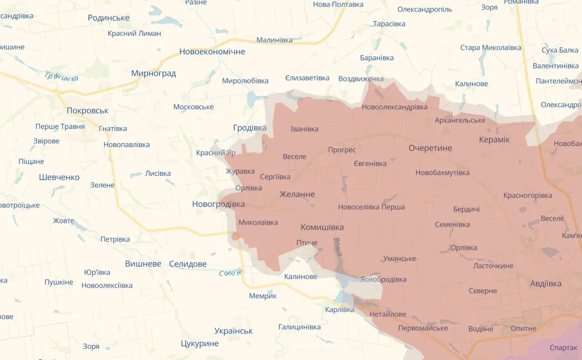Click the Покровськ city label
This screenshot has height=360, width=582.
click(87, 111)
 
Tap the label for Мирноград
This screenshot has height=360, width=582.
click(153, 73)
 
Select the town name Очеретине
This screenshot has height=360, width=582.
click(430, 148)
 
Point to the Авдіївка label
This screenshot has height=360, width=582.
click(546, 284)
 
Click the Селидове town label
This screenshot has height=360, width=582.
click(187, 264)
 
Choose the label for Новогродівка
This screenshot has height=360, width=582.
click(218, 204)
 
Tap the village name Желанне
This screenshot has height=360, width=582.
click(297, 194)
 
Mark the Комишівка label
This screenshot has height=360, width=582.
click(322, 227)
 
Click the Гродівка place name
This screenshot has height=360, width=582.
click(249, 128)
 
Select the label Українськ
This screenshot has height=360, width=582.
click(233, 331)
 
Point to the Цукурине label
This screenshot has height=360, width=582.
click(200, 343)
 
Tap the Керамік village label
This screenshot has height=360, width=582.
click(494, 139)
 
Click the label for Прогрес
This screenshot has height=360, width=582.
click(342, 150)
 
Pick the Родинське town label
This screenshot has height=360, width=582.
click(108, 18)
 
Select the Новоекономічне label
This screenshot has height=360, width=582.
click(212, 51)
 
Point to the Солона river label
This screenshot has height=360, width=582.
click(230, 273)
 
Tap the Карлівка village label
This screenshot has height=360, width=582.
click(339, 309)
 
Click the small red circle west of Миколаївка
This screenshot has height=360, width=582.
click(235, 237)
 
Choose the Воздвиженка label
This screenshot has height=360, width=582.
click(360, 79)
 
